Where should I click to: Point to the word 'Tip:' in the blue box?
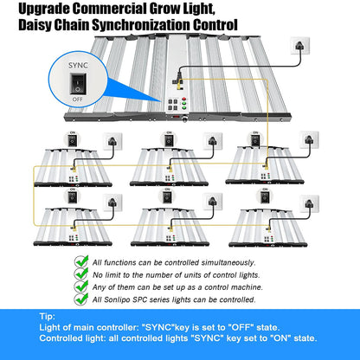point(50,318)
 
